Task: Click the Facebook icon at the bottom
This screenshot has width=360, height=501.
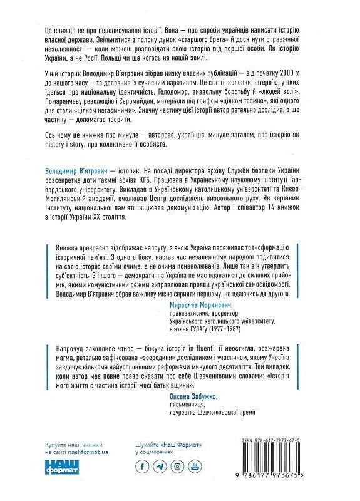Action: [x=143, y=467]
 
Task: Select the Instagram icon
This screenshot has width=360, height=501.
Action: [x=178, y=467]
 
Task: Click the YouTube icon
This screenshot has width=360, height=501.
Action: [x=195, y=467]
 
